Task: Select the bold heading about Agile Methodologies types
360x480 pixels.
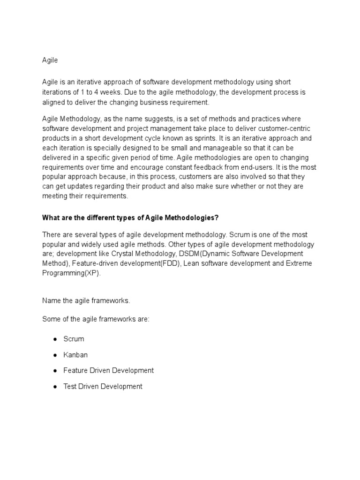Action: pos(131,217)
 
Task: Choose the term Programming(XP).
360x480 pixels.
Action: pos(71,273)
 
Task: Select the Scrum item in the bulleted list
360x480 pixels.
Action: pos(74,338)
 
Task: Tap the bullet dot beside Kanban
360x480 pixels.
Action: pos(55,355)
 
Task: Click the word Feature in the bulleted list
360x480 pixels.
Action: pos(75,370)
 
